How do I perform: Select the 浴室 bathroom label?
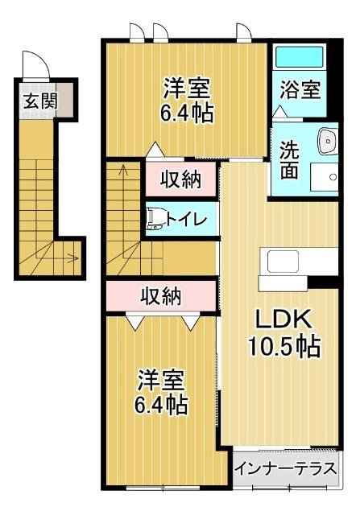coord(299,89)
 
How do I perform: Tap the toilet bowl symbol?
coord(155,219)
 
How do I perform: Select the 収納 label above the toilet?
coord(181,180)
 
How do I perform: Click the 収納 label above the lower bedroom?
coord(161,297)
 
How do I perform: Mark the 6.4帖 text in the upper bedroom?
coord(187,113)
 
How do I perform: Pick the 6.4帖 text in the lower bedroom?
coord(161,405)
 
